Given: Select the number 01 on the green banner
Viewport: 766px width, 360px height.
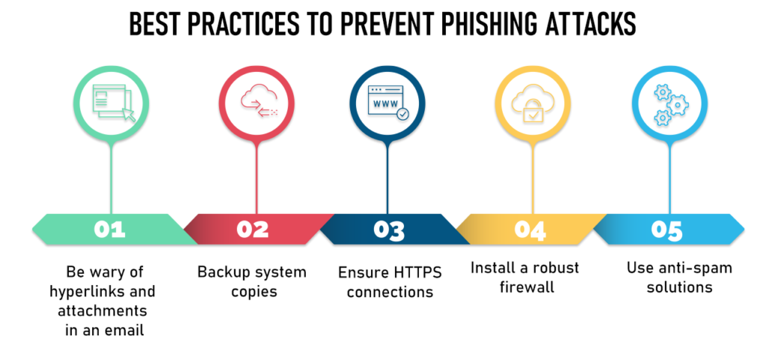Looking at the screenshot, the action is [110, 230].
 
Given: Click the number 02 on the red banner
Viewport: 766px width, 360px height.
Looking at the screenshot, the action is [253, 230].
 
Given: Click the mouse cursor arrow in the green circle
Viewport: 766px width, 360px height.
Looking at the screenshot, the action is [128, 115].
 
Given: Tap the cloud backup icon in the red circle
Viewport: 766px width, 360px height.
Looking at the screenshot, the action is [259, 103].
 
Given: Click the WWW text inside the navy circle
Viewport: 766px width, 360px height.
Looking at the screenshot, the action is [385, 104].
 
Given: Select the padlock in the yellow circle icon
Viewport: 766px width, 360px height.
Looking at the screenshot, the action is [532, 112].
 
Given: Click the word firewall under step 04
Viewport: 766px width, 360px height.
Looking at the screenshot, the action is [527, 287].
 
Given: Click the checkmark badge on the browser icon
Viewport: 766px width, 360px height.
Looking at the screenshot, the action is [402, 115].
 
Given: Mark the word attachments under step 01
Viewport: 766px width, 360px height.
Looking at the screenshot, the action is [102, 311].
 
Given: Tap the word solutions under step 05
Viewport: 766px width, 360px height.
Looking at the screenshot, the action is [679, 287].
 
